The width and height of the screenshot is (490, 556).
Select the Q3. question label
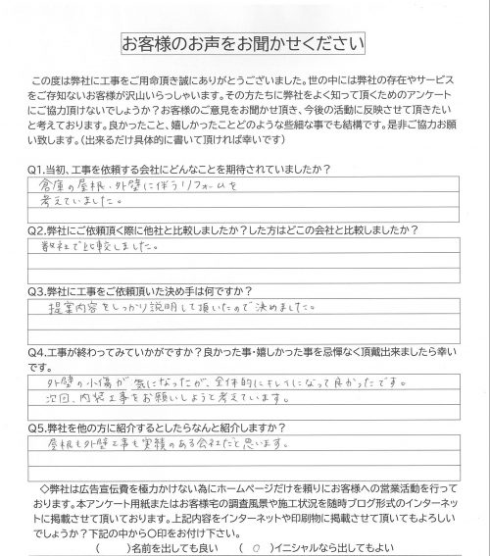click(x=39, y=292)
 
